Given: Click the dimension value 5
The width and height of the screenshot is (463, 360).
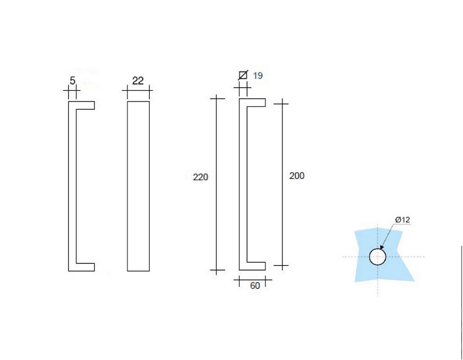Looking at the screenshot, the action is point(72,81).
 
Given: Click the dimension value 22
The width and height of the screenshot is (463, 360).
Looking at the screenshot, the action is point(138,81).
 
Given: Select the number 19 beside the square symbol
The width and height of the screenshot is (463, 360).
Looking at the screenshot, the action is point(258,76).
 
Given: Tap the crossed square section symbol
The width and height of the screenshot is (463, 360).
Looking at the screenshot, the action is point(243,75).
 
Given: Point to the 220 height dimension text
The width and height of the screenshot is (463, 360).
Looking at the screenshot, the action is point(201,177).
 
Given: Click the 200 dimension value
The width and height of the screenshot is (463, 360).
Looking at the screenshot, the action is point(297,175).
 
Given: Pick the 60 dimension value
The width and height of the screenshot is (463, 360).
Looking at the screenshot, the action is point(255,286).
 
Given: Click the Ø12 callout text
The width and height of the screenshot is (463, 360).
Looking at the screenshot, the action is point(402,220).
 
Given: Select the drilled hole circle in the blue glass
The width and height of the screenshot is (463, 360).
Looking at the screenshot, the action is point(378,249).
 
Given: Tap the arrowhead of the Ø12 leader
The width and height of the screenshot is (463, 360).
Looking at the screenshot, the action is point(382,247).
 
